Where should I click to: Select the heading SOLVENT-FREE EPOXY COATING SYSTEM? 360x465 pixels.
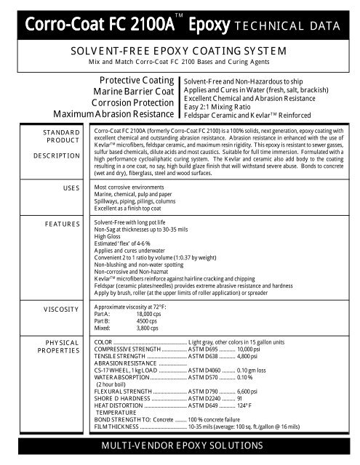[179, 51]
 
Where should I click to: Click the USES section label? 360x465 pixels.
[68, 187]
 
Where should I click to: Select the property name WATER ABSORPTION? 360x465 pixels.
[122, 378]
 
